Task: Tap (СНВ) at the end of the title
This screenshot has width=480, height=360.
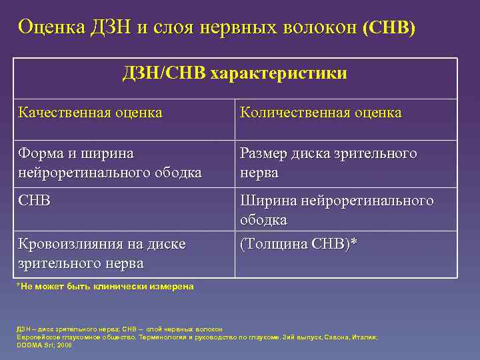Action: (x=388, y=28)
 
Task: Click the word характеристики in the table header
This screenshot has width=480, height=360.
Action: (x=279, y=73)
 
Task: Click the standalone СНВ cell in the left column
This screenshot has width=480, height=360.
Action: (x=35, y=201)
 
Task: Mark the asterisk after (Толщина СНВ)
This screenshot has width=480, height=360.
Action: (x=354, y=243)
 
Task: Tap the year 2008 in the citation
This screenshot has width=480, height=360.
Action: (x=65, y=345)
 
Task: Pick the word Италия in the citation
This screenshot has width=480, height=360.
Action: (x=365, y=337)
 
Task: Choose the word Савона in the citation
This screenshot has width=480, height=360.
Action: (x=336, y=337)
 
